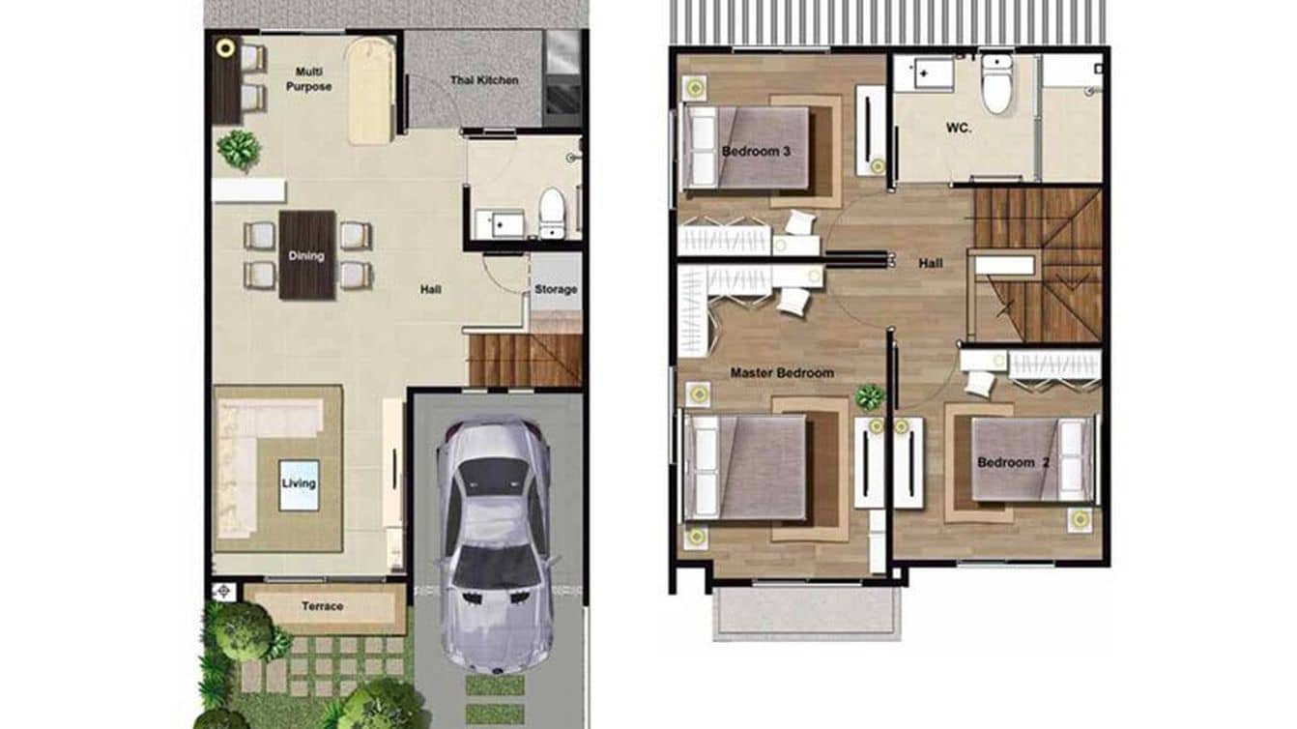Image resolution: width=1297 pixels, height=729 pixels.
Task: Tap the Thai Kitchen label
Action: (483, 80)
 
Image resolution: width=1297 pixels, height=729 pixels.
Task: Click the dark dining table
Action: (307, 255)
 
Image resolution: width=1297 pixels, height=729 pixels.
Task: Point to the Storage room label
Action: (556, 289)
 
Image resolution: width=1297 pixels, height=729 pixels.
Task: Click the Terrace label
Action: (322, 606)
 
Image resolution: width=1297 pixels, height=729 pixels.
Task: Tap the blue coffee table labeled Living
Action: (299, 483)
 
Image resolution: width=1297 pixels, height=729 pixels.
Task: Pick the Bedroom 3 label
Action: (756, 151)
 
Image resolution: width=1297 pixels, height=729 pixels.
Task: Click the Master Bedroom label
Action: (782, 372)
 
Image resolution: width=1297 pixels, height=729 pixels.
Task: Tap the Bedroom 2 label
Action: (1013, 462)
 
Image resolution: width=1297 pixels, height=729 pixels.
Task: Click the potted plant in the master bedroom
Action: (870, 397)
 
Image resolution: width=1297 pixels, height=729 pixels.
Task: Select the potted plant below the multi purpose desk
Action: (239, 150)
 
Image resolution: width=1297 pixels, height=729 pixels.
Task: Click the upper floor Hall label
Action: (931, 262)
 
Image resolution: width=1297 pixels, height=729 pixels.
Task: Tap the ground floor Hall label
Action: (430, 288)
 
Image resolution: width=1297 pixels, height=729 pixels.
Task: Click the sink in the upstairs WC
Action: (923, 73)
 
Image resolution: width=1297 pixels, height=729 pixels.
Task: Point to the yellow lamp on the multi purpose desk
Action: (227, 47)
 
